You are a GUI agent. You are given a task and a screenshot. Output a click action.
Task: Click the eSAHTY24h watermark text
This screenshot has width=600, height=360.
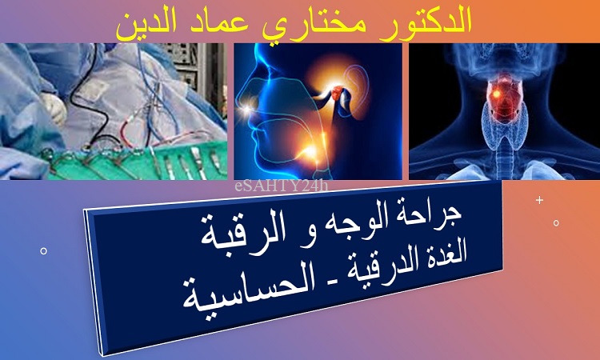click(x=282, y=186)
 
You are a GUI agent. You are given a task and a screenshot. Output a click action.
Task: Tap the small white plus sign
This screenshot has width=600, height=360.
click(x=539, y=200)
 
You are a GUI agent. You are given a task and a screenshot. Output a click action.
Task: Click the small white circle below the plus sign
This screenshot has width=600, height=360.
click(x=556, y=222)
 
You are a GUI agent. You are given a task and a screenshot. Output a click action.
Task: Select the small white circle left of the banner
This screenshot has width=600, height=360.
click(x=44, y=251)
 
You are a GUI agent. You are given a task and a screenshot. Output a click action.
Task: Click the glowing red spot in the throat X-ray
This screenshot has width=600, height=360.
click(x=496, y=94)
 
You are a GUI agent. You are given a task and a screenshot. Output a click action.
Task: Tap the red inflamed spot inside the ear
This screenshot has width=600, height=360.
click(x=337, y=92)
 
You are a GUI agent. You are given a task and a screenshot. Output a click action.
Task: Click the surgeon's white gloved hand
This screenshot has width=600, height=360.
click(x=54, y=108)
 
